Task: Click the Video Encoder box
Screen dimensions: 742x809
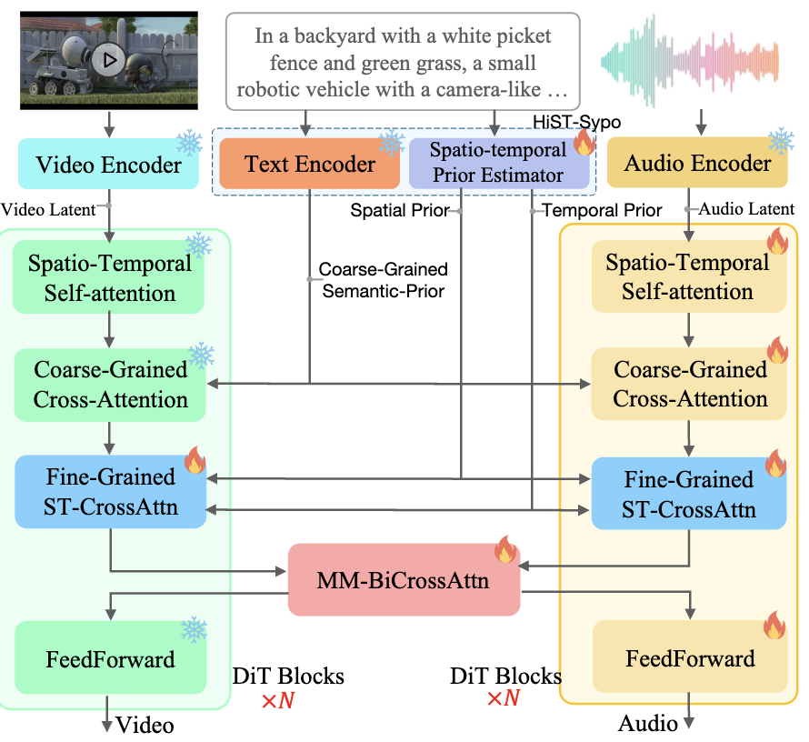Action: tap(109, 165)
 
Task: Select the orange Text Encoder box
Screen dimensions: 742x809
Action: tap(309, 165)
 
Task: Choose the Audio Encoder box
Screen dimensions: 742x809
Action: tap(698, 164)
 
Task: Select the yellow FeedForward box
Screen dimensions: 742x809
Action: tap(690, 658)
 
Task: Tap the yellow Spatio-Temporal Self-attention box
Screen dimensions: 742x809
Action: tap(688, 277)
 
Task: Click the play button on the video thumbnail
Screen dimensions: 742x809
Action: tap(108, 61)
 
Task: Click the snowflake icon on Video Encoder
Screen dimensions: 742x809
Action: tap(189, 143)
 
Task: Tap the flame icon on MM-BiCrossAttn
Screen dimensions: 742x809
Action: tap(505, 551)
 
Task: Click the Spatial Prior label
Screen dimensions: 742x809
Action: tap(400, 211)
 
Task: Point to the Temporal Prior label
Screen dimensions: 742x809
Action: tap(602, 211)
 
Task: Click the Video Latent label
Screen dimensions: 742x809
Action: tap(47, 211)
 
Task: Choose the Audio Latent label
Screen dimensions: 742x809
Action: tap(747, 209)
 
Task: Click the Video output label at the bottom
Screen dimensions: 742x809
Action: tap(145, 725)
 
